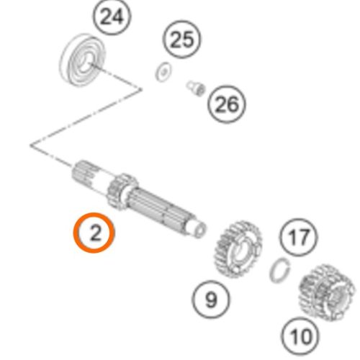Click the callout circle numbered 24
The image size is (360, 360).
[x=112, y=17]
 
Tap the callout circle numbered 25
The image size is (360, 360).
[x=182, y=40]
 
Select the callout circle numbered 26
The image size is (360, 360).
[x=227, y=104]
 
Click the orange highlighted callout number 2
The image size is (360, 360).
[x=94, y=233]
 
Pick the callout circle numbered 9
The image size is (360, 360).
[x=211, y=300]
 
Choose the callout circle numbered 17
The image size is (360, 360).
[x=298, y=237]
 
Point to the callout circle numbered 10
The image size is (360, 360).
[x=301, y=336]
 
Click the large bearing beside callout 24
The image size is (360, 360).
[x=82, y=59]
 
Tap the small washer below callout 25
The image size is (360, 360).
[x=163, y=71]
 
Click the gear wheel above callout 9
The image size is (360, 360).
[x=238, y=250]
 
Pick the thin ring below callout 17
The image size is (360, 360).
[x=280, y=269]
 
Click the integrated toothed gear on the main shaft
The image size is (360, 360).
[x=122, y=192]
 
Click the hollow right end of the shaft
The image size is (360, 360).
[x=199, y=230]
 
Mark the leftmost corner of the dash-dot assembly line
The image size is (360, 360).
[x=31, y=145]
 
